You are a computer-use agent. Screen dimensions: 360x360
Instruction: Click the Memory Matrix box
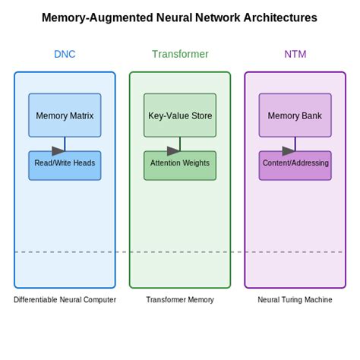[x=65, y=115]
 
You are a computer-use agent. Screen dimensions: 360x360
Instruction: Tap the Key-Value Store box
[x=180, y=115]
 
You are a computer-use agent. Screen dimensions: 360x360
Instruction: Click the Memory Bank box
[x=295, y=115]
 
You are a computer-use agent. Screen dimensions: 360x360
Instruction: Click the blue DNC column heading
[x=65, y=54]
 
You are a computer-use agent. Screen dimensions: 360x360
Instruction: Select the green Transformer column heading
[x=180, y=54]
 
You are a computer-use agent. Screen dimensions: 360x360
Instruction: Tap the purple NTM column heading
[x=295, y=54]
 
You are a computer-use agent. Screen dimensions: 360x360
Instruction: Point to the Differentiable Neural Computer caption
[x=65, y=300]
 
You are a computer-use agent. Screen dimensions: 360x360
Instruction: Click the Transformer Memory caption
[x=180, y=300]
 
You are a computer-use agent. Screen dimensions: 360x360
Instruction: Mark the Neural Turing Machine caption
[x=295, y=300]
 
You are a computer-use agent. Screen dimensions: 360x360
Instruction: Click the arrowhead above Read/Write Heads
[x=58, y=150]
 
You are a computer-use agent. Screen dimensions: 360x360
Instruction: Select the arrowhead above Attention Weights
[x=174, y=150]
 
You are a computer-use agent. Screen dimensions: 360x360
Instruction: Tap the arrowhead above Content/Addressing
[x=289, y=150]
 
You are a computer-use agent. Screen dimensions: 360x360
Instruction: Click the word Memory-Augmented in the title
[x=91, y=17]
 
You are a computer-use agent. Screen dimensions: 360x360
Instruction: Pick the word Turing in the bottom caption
[x=292, y=300]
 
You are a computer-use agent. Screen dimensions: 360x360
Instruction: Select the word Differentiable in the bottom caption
[x=35, y=300]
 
